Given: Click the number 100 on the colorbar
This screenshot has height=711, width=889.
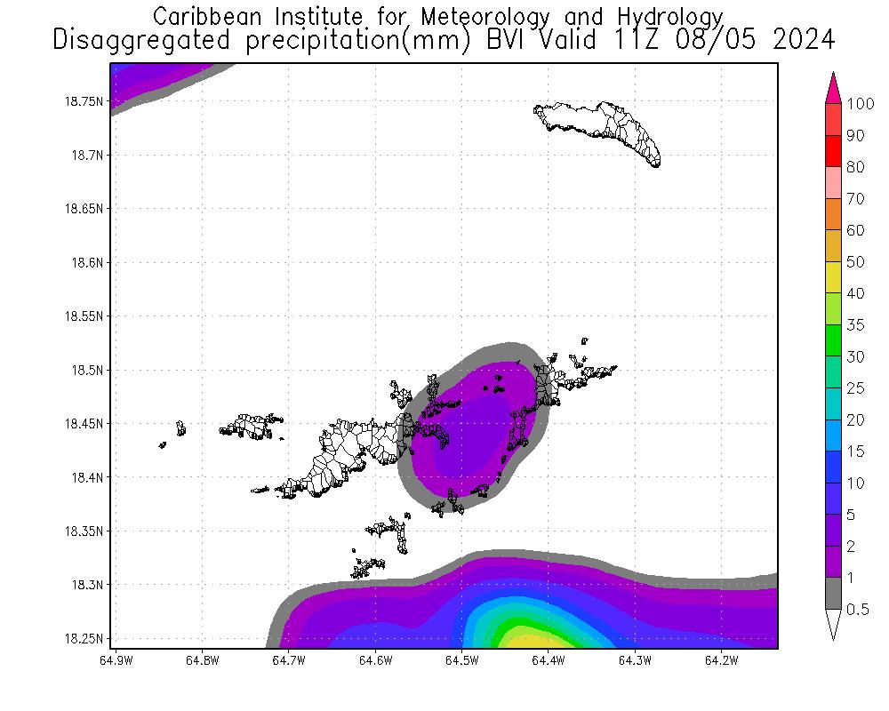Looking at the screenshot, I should [861, 104].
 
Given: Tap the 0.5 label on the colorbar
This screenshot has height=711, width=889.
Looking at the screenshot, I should [858, 609].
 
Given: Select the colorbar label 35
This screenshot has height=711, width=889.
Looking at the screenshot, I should [854, 324].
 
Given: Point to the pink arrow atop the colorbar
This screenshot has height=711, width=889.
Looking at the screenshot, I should [834, 87].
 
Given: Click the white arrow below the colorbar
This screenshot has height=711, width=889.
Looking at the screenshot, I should [834, 624].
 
